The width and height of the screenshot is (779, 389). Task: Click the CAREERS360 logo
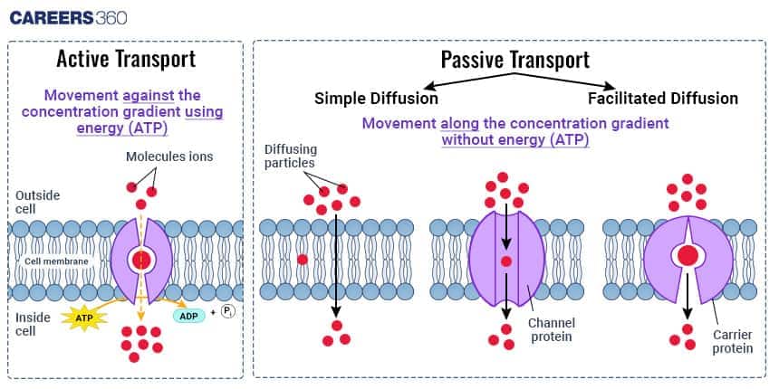click(x=68, y=17)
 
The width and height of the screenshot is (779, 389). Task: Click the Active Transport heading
click(x=126, y=60)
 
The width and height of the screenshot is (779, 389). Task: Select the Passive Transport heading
click(x=515, y=60)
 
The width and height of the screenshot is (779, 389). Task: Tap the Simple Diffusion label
click(x=376, y=98)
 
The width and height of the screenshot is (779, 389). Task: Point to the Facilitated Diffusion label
click(x=662, y=98)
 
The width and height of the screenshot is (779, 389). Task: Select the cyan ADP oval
click(x=188, y=315)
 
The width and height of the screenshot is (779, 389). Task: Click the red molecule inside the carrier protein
click(x=688, y=256)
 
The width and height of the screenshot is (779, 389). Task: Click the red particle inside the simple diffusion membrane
click(x=302, y=260)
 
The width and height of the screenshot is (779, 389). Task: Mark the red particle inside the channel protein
click(x=505, y=262)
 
